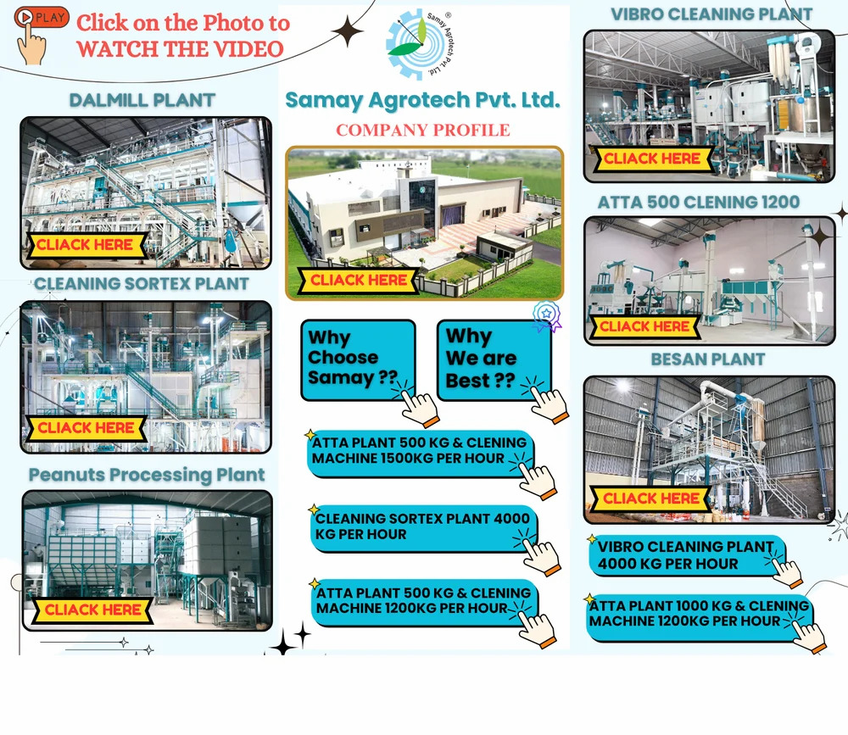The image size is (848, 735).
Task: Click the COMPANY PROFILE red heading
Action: coord(423,130)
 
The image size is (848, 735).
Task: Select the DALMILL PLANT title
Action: coord(142,100)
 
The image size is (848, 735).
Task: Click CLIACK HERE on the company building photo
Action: coord(360,281)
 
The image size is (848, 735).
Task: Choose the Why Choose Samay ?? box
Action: coord(357,359)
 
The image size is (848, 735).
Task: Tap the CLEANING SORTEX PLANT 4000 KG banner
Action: coord(421,526)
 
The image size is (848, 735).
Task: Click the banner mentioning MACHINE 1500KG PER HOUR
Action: coord(418,451)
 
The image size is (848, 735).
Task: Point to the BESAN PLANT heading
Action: coord(707,359)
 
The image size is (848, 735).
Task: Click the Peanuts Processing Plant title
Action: coord(147,475)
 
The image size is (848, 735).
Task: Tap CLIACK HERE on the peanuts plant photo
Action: coord(93,610)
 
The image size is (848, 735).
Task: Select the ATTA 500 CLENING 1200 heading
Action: coord(698,202)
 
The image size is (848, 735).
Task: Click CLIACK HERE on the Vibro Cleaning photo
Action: coord(651,159)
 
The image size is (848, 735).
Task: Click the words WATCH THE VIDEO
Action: coord(180,48)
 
